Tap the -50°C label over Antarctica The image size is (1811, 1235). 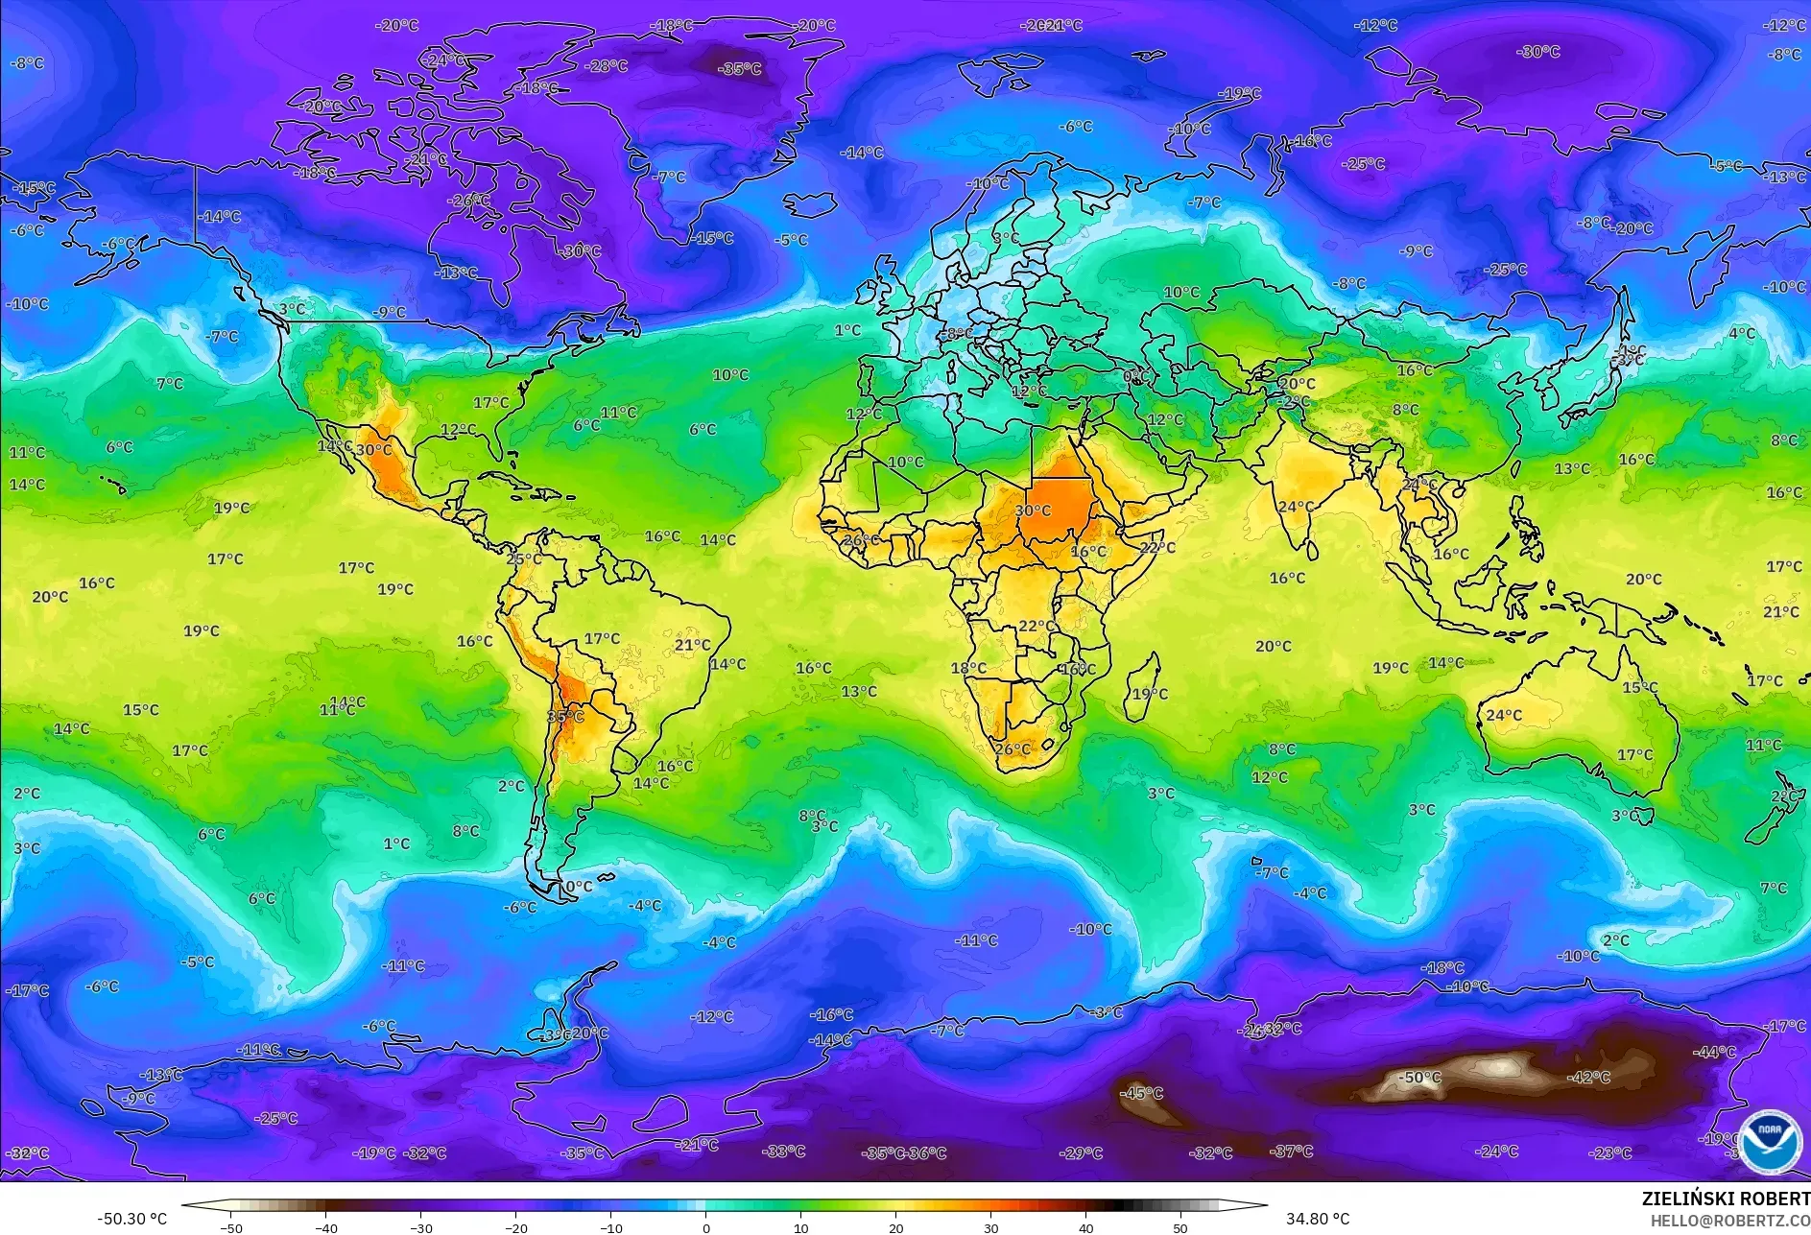point(1420,1078)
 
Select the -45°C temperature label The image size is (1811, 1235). point(1142,1093)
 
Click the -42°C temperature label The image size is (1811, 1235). point(1588,1078)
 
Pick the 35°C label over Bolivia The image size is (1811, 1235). point(565,717)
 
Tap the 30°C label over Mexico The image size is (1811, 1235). point(373,449)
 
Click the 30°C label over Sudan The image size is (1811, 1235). point(1033,511)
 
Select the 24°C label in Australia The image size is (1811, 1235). point(1503,715)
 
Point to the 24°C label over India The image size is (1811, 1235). point(1296,507)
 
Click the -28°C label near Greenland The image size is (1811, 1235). point(607,66)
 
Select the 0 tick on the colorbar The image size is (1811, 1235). point(706,1227)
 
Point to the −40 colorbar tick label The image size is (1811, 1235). point(326,1227)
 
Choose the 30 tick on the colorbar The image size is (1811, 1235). point(990,1227)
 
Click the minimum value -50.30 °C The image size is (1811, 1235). point(131,1219)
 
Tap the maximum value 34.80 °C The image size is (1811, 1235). point(1318,1219)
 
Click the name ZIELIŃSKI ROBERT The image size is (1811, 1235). point(1726,1199)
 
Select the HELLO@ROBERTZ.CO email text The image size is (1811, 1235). point(1729,1221)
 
